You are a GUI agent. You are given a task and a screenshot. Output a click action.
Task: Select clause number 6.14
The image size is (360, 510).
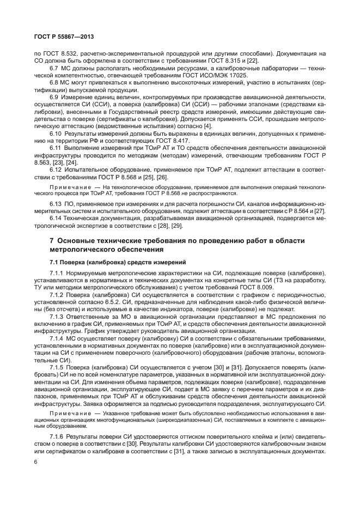click(57, 217)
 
